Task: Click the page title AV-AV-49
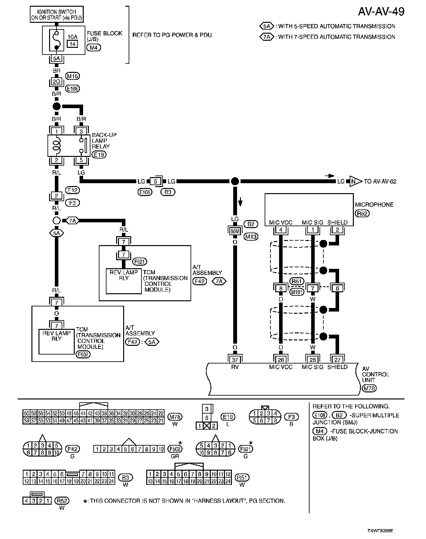click(381, 12)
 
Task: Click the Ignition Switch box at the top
click(56, 14)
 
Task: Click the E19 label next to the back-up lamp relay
click(99, 155)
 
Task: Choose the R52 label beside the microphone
click(362, 213)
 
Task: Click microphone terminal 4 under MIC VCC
click(281, 230)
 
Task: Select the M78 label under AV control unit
click(369, 388)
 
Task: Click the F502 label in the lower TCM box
click(83, 355)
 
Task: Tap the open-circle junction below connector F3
click(56, 221)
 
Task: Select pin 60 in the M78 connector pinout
click(26, 413)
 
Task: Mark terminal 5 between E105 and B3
click(156, 181)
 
